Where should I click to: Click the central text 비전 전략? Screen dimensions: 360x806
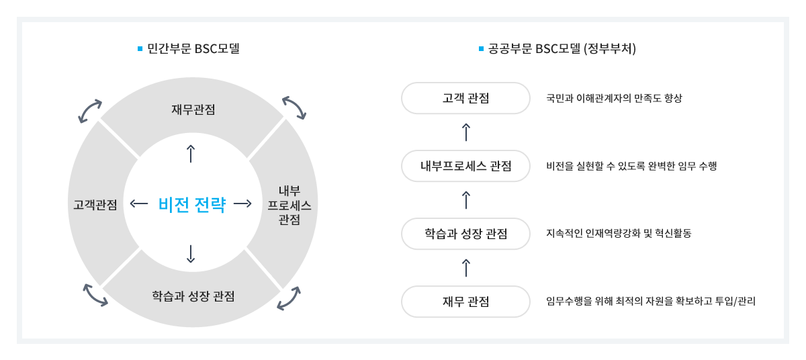point(191,204)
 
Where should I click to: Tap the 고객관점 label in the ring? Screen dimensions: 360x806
point(95,204)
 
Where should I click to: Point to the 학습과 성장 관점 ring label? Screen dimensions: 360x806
point(193,296)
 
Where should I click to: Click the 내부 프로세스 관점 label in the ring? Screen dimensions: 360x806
point(289,204)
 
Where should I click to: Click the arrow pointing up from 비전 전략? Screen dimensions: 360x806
point(191,153)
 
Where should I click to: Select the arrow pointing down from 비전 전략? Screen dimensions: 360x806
point(191,253)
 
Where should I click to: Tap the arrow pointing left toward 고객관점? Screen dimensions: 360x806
point(140,204)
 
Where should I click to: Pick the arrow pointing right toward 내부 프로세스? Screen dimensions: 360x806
point(242,204)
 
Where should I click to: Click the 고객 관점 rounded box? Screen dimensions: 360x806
point(465,99)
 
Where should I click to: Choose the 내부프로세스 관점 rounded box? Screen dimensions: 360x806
point(465,166)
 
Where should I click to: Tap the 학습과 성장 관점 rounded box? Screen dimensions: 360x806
point(465,234)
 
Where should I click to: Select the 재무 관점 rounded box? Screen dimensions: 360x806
point(465,302)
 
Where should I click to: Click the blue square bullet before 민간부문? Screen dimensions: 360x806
point(140,48)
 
